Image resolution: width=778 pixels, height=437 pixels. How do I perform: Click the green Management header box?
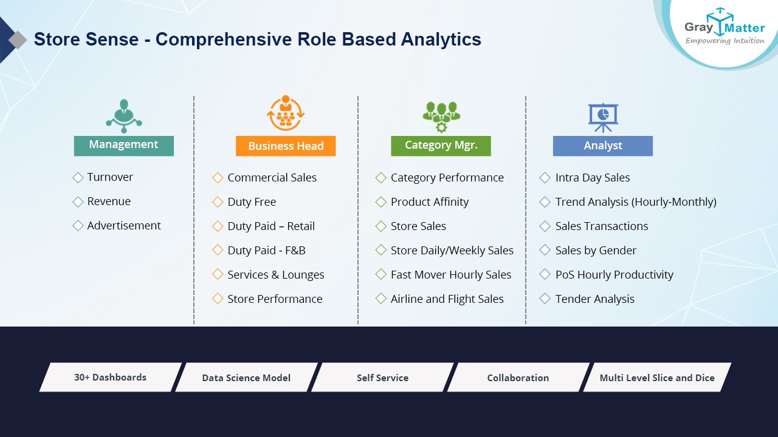123,146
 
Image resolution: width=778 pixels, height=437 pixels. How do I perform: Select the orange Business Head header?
286,146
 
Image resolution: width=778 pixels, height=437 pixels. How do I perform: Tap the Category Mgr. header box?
441,146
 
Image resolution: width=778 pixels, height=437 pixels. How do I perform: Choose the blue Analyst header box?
602,146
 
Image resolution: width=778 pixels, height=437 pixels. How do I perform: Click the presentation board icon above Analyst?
603,118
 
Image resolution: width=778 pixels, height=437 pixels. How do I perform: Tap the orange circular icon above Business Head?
286,113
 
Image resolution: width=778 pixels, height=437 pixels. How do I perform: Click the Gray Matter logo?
724,27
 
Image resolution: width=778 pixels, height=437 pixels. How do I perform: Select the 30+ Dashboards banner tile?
111,378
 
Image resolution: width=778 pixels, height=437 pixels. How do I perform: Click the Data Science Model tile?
246,378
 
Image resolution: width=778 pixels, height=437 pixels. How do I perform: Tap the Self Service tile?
382,378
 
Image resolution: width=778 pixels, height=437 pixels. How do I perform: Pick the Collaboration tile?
518,378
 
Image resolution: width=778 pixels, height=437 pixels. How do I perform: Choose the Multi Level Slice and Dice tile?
657,378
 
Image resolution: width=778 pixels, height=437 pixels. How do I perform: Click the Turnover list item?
110,177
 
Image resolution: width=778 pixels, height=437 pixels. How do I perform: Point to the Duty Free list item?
252,202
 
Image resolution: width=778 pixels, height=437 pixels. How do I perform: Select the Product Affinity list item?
430,202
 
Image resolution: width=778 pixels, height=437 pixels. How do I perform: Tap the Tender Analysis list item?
594,299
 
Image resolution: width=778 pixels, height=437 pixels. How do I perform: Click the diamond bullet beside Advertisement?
78,226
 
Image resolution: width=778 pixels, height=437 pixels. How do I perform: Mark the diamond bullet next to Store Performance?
218,299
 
